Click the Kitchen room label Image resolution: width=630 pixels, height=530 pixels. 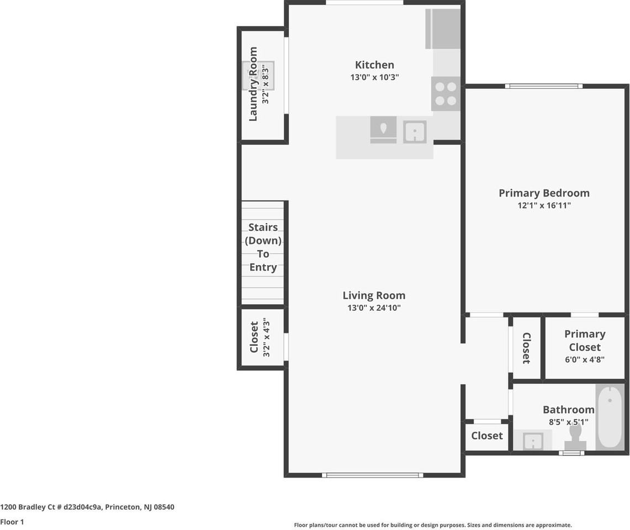tap(374, 65)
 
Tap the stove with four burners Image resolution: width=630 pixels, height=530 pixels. tap(446, 94)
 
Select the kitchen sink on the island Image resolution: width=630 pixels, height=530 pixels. tap(415, 131)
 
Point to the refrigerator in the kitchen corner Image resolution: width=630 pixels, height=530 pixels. tap(443, 29)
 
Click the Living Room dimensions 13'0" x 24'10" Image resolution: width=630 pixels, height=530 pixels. tap(374, 308)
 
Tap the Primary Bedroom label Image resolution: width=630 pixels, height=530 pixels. tap(544, 193)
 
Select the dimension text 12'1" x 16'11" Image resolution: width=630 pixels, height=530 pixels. tap(544, 205)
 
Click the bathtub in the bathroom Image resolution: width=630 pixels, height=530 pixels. tap(610, 417)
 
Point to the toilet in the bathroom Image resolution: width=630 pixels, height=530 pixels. tap(575, 438)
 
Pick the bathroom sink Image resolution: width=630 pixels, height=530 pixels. tap(533, 441)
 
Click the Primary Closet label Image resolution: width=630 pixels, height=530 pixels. tap(585, 340)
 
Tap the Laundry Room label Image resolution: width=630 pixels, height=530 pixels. tap(253, 84)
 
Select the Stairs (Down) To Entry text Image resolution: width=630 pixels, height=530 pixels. tap(263, 247)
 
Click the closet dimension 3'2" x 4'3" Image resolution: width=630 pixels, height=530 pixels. tap(266, 337)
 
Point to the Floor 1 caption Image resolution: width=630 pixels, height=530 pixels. tap(12, 522)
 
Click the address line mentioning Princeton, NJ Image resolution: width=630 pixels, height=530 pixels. tap(87, 507)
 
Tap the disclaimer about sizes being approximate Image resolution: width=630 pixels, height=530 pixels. tap(433, 525)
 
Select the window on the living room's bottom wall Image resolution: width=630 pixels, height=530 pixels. tap(373, 475)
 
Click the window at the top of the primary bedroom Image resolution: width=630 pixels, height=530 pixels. tap(544, 86)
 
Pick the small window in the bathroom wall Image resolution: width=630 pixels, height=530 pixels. tap(571, 453)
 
